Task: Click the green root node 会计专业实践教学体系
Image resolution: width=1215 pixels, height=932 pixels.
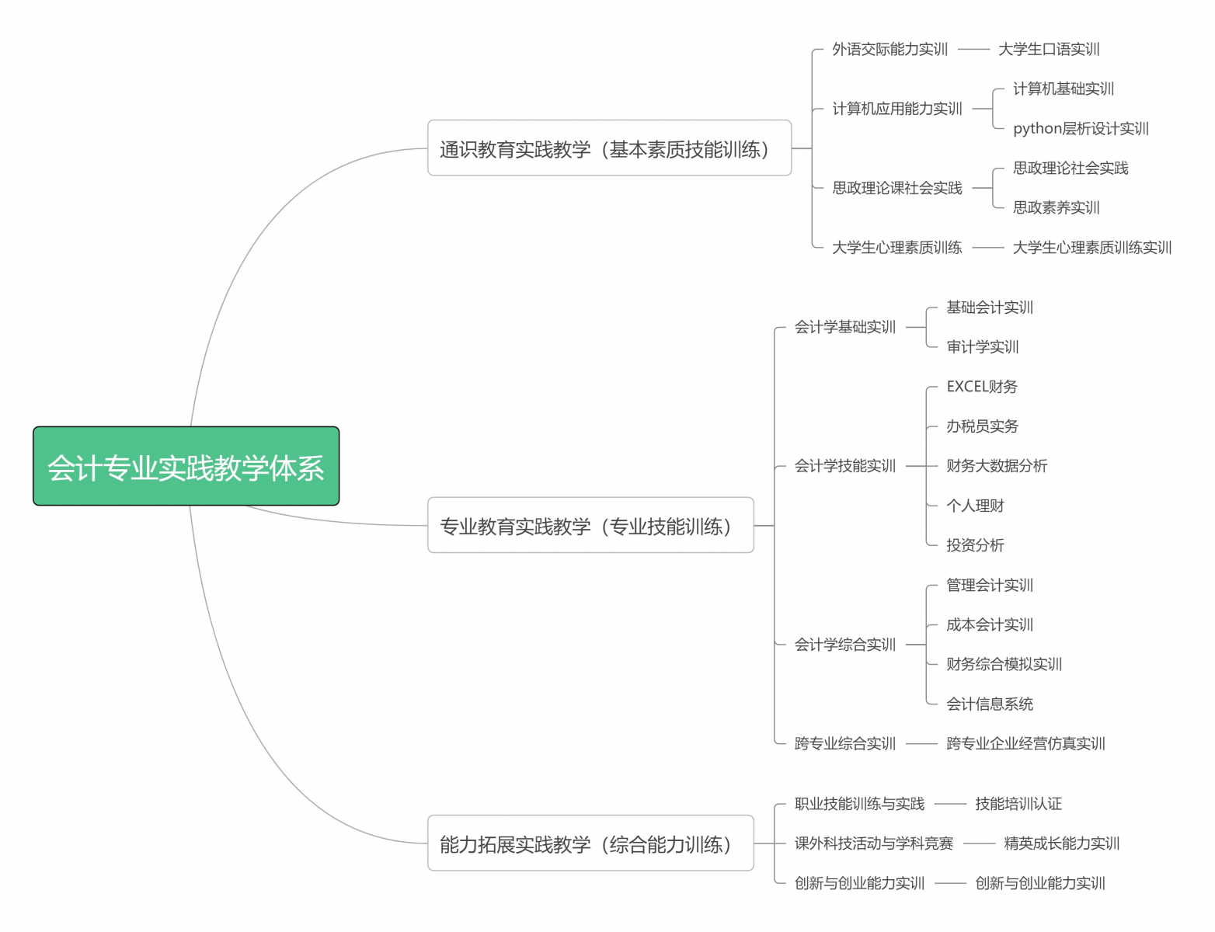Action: tap(186, 466)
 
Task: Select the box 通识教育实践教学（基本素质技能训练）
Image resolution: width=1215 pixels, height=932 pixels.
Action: tap(609, 148)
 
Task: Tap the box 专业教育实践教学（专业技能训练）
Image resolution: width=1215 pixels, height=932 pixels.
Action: tap(590, 525)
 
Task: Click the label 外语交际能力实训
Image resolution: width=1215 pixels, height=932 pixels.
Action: tap(889, 50)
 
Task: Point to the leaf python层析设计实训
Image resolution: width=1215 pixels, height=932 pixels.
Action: tap(1081, 128)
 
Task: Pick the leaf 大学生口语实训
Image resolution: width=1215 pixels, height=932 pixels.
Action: tap(1048, 50)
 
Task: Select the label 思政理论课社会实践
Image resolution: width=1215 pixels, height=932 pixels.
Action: tap(896, 187)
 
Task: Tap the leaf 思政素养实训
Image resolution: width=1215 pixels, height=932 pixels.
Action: tap(1056, 207)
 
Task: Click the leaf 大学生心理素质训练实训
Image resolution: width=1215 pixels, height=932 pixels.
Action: tap(1091, 247)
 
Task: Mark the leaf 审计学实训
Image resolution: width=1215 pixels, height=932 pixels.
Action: tap(982, 346)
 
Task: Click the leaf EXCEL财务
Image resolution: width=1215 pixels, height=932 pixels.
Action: tap(981, 386)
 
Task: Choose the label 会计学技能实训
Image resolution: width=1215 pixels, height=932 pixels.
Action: tap(844, 466)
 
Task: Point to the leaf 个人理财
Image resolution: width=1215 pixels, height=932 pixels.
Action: tap(975, 506)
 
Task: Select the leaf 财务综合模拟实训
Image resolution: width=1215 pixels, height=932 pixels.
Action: tap(1004, 664)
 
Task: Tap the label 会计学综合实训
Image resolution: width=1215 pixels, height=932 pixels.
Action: tap(844, 645)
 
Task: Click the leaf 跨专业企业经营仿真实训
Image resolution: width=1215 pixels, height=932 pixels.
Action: tap(1025, 743)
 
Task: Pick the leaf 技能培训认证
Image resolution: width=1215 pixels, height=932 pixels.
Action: tap(1018, 804)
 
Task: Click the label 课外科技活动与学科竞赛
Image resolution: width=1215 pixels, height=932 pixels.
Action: tap(873, 843)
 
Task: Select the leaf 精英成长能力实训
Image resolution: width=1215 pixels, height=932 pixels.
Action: tap(1061, 843)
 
